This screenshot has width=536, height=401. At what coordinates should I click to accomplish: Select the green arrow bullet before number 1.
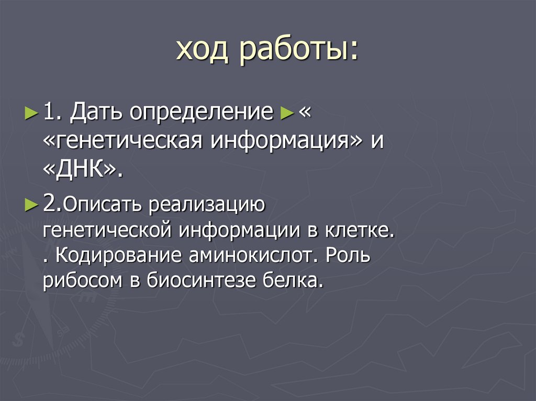pos(31,112)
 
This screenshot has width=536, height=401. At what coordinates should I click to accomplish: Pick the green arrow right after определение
pos(286,112)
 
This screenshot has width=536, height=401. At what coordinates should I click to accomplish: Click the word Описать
pos(104,204)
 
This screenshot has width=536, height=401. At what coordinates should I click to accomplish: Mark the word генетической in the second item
pos(108,231)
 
